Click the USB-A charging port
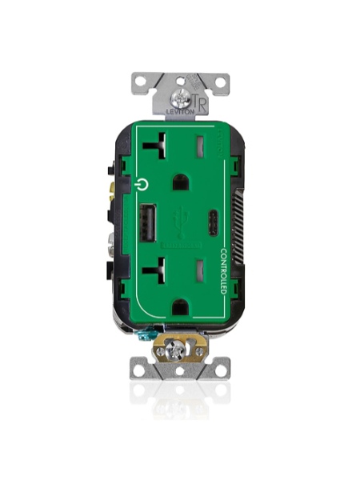148,218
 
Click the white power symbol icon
142,183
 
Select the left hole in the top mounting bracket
141,81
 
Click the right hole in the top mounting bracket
218,81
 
